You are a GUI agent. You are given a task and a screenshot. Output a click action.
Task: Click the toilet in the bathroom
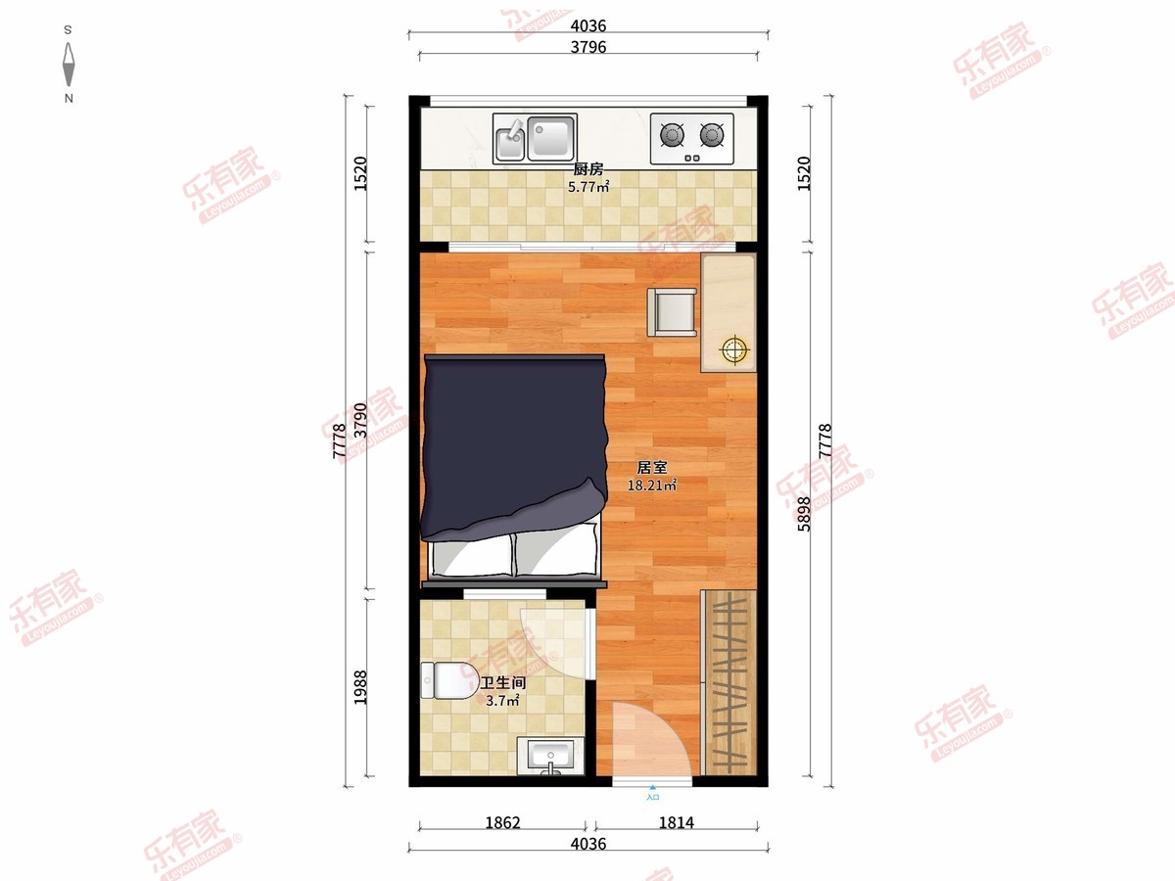click(x=449, y=680)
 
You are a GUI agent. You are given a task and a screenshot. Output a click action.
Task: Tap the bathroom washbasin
click(x=550, y=756)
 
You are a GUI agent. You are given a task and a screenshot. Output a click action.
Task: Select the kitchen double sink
click(x=535, y=137)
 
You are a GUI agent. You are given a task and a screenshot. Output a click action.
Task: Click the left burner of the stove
click(x=672, y=134)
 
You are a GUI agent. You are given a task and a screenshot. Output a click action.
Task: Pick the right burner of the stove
click(x=712, y=134)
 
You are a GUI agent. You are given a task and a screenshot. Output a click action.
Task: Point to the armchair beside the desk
click(x=672, y=312)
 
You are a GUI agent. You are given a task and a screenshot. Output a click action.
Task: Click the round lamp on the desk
click(x=734, y=349)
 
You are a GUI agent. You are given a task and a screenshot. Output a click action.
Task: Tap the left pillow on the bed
click(x=472, y=556)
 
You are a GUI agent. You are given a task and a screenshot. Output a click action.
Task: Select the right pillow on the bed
click(x=555, y=551)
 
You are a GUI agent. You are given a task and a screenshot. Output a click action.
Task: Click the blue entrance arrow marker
click(x=652, y=787)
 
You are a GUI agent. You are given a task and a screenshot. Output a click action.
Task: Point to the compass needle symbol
click(x=69, y=65)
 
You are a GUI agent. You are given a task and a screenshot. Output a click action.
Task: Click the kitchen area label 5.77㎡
click(x=588, y=187)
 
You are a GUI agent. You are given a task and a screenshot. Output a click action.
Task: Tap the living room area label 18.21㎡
click(x=651, y=486)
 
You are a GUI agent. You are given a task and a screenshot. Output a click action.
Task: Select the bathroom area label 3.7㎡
click(x=502, y=701)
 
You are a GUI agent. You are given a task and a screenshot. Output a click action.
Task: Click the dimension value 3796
click(x=588, y=47)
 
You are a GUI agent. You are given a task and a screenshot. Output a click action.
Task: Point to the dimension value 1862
click(x=502, y=822)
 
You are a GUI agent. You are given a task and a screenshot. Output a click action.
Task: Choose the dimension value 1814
click(x=676, y=822)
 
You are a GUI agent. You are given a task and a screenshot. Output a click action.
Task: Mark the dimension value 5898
click(x=804, y=514)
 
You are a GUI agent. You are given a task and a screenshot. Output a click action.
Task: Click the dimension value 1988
click(x=360, y=687)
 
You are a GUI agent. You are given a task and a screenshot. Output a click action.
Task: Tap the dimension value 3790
click(x=360, y=421)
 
